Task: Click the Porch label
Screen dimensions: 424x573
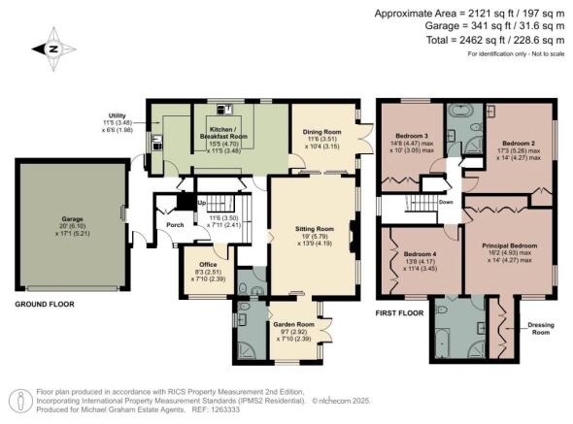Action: pos(176,225)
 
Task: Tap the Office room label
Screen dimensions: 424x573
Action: pos(207,264)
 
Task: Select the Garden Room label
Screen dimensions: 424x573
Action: pos(291,325)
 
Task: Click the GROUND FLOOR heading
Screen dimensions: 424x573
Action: pos(48,304)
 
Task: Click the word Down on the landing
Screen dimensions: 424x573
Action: pos(446,203)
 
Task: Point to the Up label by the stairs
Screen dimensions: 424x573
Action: pos(202,203)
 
